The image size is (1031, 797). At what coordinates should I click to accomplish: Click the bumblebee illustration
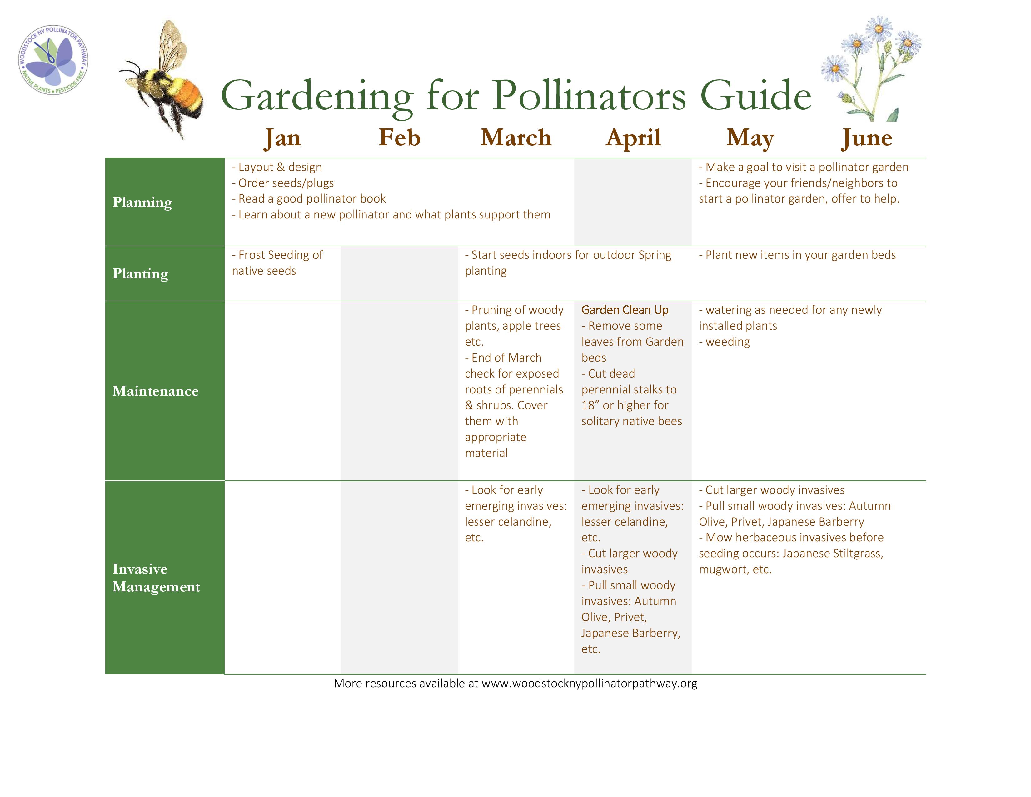163,80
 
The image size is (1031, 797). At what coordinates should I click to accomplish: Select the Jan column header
282,138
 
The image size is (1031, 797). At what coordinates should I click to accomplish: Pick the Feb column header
399,138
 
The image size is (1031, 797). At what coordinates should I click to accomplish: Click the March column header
516,138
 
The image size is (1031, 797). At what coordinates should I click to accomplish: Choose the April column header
633,138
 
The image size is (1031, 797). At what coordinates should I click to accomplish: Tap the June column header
867,138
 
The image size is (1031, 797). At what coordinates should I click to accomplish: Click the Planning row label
142,203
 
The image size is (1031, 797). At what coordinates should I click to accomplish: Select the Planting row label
140,274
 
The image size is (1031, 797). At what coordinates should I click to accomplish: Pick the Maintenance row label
155,391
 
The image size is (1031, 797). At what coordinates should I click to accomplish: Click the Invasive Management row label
156,578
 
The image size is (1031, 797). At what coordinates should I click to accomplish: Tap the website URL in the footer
589,684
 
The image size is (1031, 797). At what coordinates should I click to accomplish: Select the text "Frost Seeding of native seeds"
277,263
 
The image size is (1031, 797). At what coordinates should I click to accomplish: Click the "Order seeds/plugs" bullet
283,183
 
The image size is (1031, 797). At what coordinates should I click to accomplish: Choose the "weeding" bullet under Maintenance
724,342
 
